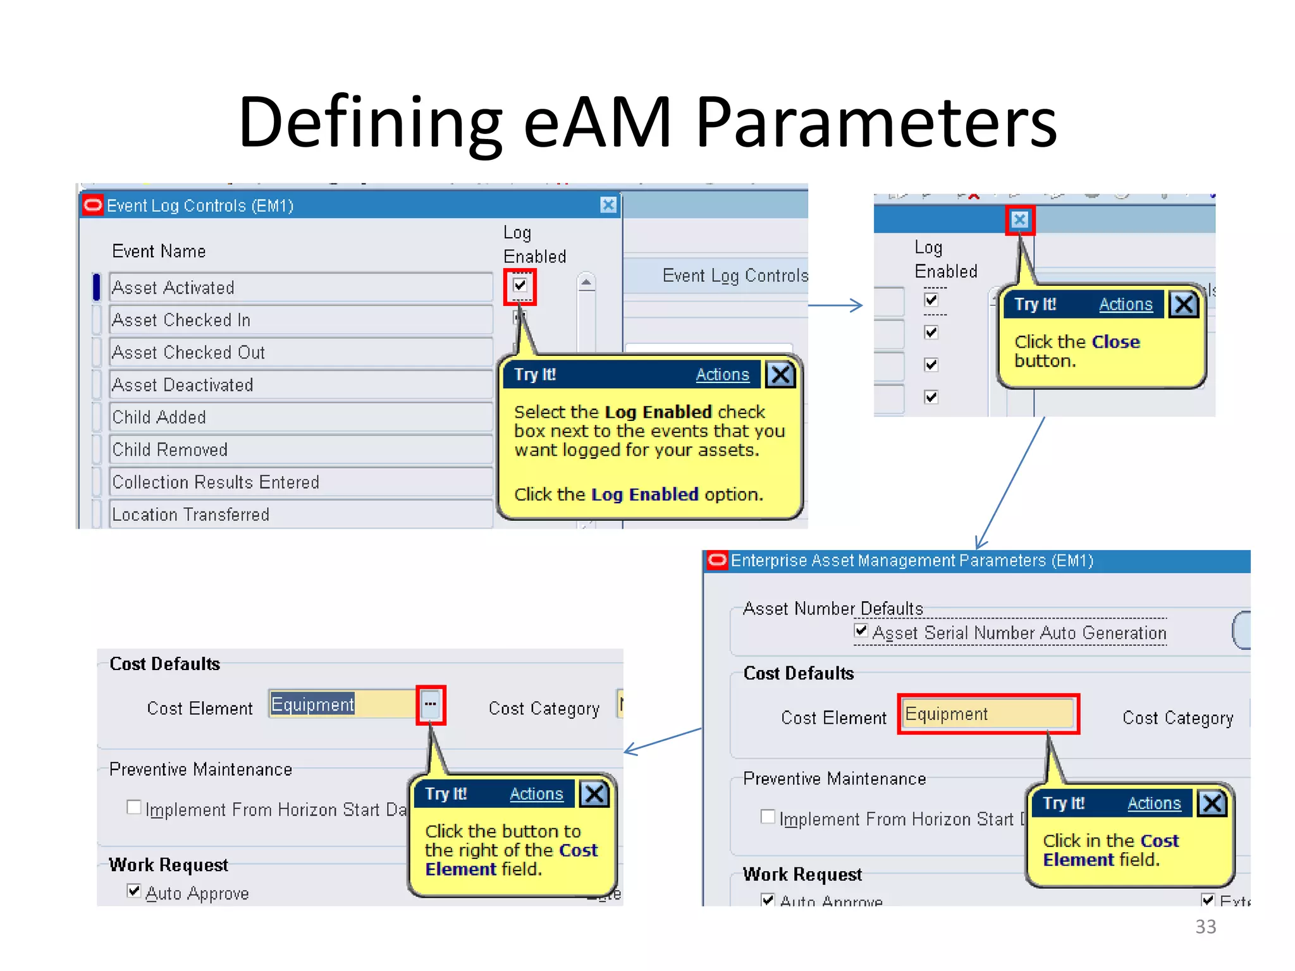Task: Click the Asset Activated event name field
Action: pos(300,288)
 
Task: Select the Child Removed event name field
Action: pos(300,449)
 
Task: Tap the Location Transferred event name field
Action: pos(300,514)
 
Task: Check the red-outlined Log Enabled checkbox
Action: pos(520,286)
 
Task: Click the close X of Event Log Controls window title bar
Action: pos(608,205)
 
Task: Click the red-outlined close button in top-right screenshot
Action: pos(1019,220)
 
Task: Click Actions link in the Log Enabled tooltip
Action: pos(722,375)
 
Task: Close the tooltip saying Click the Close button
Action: pos(1183,305)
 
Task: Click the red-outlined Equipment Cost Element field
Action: pos(988,714)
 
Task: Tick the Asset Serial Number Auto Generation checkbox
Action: pos(861,630)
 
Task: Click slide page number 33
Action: pos(1205,927)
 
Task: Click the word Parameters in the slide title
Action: pos(876,122)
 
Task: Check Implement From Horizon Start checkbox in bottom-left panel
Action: pos(133,807)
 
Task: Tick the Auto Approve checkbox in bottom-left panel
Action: pos(133,891)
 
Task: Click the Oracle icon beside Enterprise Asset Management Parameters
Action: pos(717,560)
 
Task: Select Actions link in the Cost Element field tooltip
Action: pos(1154,803)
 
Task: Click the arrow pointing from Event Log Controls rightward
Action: pos(835,305)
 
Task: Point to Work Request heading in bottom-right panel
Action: pos(802,874)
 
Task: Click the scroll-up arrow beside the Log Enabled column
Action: pos(586,282)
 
